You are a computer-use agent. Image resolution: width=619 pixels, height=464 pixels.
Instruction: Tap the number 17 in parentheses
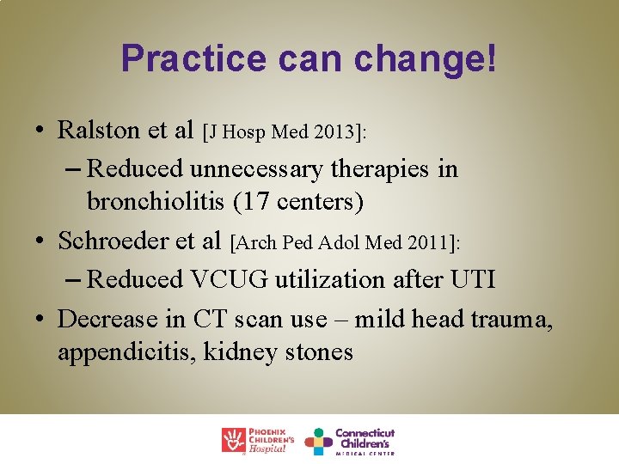click(253, 203)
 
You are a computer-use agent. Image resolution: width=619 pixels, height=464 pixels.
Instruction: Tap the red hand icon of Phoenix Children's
click(234, 440)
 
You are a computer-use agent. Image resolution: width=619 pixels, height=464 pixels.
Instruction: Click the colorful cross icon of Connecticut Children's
click(318, 441)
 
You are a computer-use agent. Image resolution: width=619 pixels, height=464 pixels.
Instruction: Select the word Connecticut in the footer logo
click(365, 433)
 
